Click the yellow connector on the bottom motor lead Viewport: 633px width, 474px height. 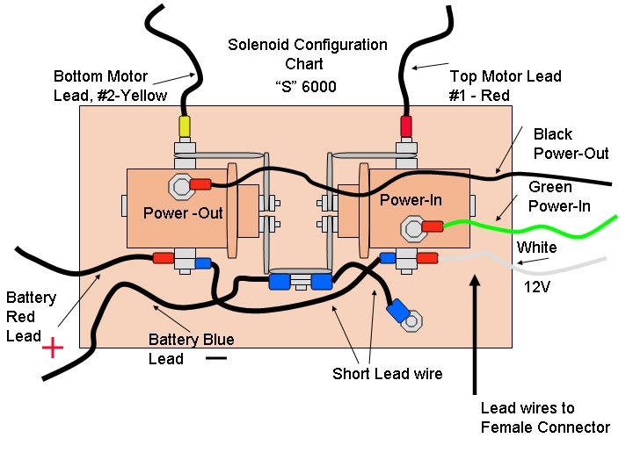point(185,126)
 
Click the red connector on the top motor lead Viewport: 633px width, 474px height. point(406,126)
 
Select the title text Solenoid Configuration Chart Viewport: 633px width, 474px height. point(307,54)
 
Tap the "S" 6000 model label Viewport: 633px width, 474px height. point(305,87)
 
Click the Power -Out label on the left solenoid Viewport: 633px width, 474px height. point(184,213)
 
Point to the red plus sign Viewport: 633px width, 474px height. point(53,348)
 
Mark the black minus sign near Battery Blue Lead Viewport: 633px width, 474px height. point(216,357)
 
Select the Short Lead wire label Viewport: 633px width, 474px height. point(387,374)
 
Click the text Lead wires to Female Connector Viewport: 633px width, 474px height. point(545,418)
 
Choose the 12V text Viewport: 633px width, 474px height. point(537,286)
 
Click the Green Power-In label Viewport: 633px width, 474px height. point(559,197)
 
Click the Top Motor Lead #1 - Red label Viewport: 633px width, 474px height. point(505,86)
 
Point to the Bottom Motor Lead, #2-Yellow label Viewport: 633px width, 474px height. point(110,86)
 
